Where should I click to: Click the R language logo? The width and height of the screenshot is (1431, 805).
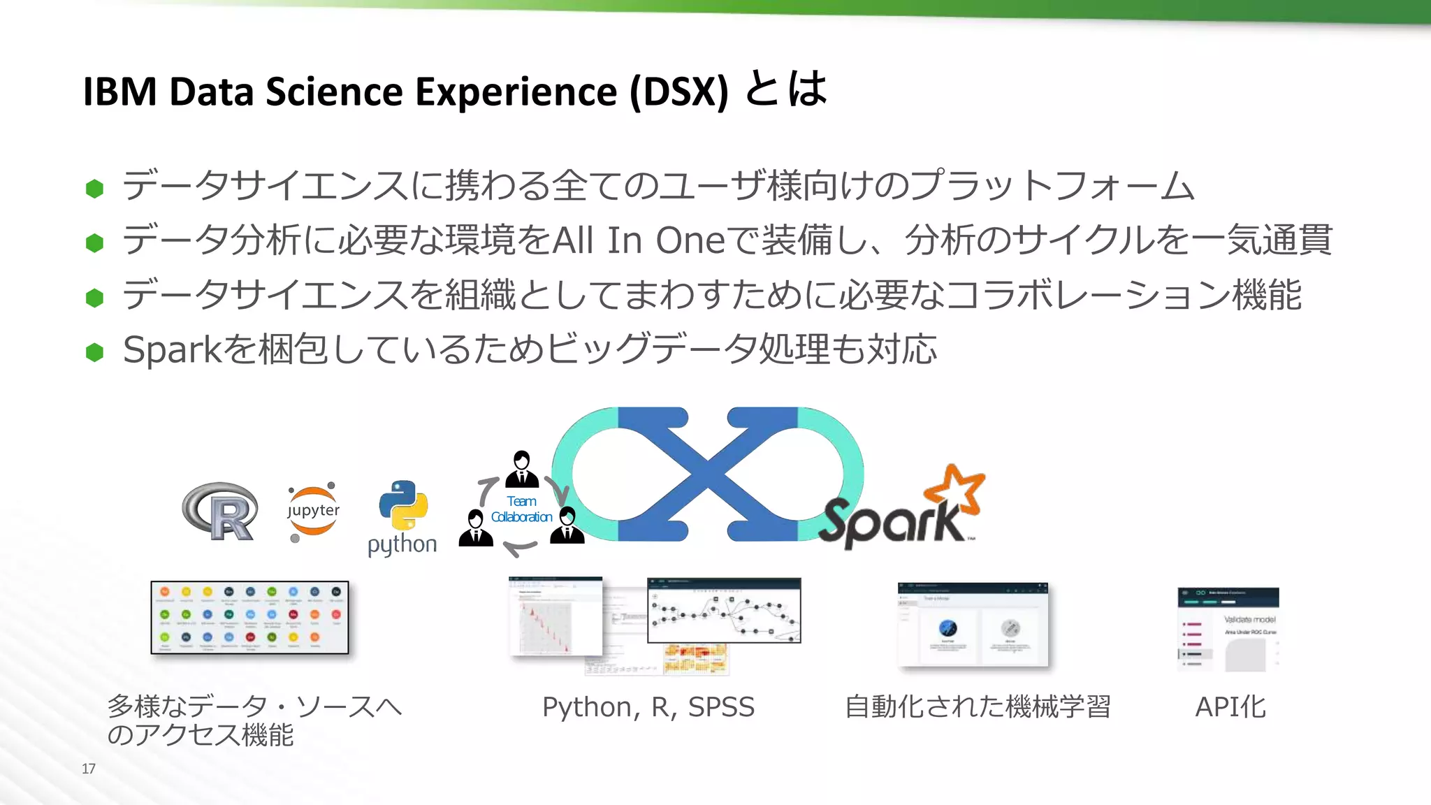[x=221, y=511]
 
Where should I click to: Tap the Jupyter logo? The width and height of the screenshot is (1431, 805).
[x=313, y=512]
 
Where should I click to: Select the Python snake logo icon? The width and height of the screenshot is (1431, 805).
[x=403, y=505]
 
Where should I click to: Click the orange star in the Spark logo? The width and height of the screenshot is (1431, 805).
[x=956, y=491]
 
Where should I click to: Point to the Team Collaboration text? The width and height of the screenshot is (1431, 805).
[x=521, y=509]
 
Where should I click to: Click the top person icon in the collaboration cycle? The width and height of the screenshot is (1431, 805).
[x=522, y=469]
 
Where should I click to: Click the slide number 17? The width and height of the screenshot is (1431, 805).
[x=89, y=769]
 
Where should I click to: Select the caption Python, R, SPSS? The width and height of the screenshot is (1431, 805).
[x=648, y=707]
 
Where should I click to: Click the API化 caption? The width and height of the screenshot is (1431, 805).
[x=1230, y=707]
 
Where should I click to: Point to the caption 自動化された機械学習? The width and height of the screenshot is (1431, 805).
[x=978, y=707]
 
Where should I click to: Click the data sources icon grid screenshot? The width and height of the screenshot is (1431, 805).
[x=249, y=617]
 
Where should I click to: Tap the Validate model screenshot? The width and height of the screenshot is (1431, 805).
[x=1228, y=629]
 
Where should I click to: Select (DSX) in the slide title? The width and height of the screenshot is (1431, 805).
[x=678, y=92]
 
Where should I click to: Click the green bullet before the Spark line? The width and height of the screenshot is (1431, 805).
[x=94, y=352]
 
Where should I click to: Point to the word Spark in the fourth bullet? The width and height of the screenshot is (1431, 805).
[x=172, y=349]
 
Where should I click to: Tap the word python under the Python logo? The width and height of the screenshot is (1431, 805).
[x=402, y=544]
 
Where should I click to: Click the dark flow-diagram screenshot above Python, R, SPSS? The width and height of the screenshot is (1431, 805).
[x=724, y=610]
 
